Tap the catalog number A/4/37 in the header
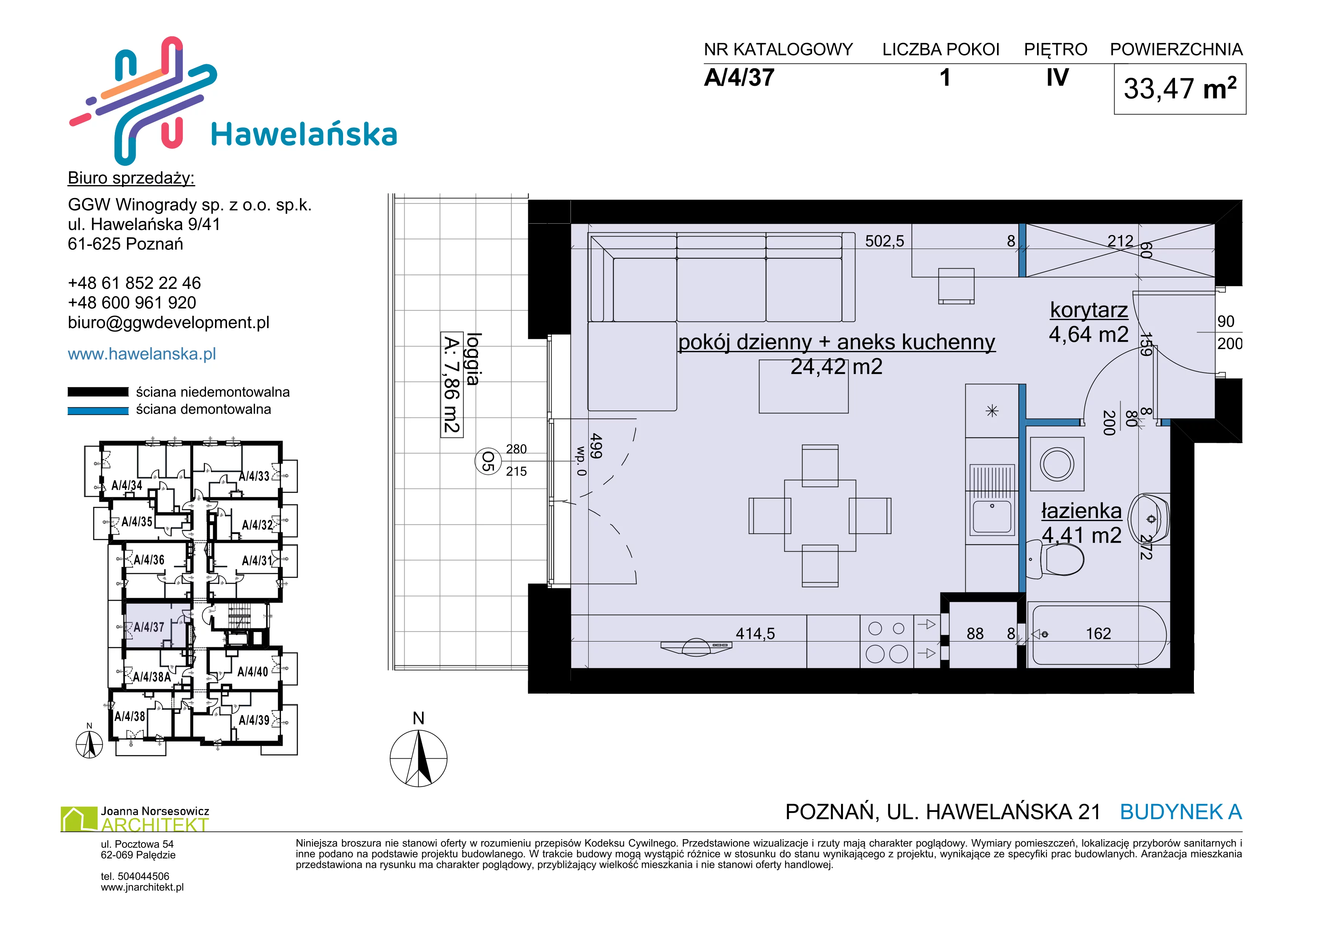tap(739, 78)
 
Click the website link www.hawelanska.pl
tap(142, 354)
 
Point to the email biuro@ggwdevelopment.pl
tap(169, 323)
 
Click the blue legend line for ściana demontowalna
tap(98, 411)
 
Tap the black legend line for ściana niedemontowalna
tap(98, 392)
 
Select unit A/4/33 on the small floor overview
tap(254, 476)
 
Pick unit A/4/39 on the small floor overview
tap(254, 720)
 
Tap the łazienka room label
tap(1081, 510)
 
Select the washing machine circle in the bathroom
tap(1057, 464)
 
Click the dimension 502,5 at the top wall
tap(885, 241)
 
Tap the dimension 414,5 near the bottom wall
tap(755, 634)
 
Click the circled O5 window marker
tap(488, 462)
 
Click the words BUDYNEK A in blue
tap(1181, 812)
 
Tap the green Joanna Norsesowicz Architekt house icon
tap(79, 819)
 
